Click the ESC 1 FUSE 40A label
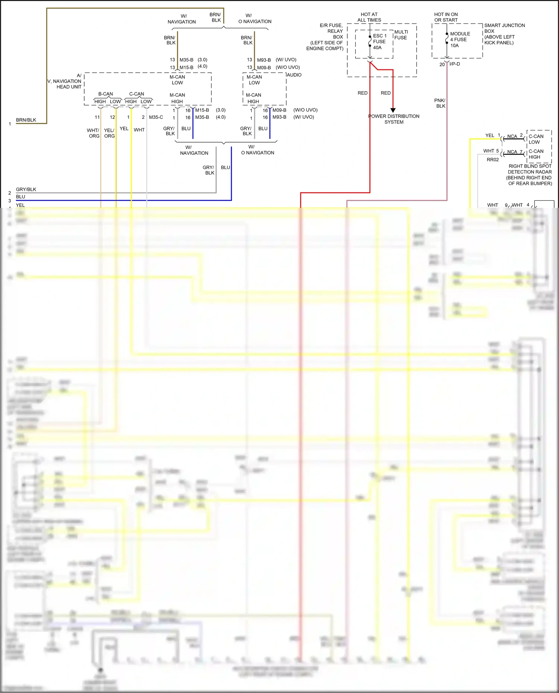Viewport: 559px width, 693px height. [x=379, y=42]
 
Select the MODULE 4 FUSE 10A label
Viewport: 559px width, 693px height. [x=459, y=39]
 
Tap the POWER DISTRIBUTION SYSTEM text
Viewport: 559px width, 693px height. [x=394, y=119]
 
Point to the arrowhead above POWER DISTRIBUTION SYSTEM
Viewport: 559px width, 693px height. [x=393, y=110]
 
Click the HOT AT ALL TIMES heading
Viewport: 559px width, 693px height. [x=369, y=17]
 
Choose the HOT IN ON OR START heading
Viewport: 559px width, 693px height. [x=446, y=17]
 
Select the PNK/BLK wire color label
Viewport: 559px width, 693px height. [x=440, y=103]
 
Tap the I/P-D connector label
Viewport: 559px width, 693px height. [x=455, y=64]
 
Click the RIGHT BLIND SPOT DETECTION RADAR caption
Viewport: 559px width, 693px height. [x=530, y=175]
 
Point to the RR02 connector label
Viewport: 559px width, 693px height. [x=492, y=160]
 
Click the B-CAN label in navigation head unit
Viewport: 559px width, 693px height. [x=105, y=94]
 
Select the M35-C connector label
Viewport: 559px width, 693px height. [x=156, y=117]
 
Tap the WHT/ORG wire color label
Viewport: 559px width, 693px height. [x=93, y=133]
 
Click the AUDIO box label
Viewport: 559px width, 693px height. [x=294, y=75]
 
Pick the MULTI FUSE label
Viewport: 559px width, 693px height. [x=401, y=35]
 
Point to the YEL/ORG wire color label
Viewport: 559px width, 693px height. [x=109, y=133]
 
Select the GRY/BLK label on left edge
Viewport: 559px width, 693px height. [x=26, y=190]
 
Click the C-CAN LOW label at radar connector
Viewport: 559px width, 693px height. [x=536, y=139]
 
